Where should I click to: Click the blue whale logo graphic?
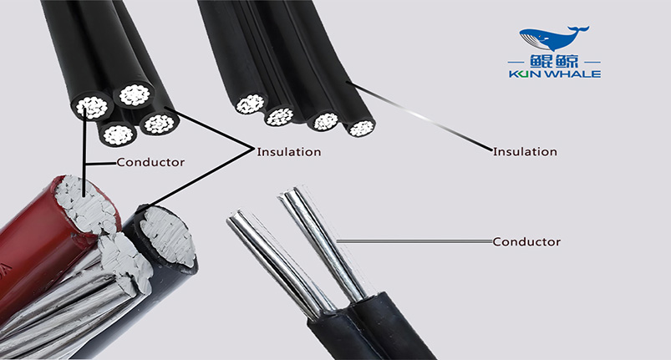coord(554,38)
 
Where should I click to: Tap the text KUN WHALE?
coord(555,74)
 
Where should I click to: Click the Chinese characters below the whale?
coord(554,62)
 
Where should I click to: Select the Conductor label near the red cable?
coord(150,163)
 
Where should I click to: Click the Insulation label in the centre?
coord(289,152)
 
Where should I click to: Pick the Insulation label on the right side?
coord(525,152)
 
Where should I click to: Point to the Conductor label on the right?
coord(526,242)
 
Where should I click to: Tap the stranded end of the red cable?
coord(86,204)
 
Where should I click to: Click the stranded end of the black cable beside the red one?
coord(168,236)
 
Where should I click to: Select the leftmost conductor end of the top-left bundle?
coord(92,108)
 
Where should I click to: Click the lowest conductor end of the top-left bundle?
coord(119,134)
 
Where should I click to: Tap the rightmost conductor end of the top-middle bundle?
coord(362,129)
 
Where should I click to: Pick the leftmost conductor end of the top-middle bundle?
coord(250,104)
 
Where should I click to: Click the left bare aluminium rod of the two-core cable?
coord(274,261)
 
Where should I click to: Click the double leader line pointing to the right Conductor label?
coord(414,241)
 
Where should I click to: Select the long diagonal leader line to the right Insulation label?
coord(419,116)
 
